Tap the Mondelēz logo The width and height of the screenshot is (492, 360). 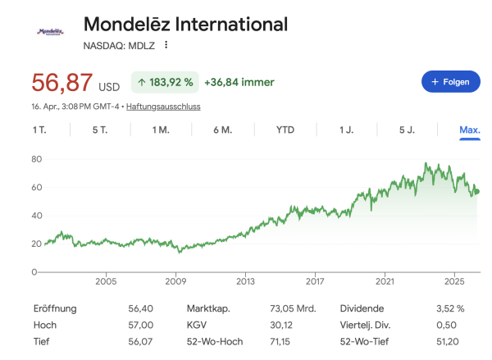[x=50, y=32]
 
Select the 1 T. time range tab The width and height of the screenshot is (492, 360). [x=39, y=130]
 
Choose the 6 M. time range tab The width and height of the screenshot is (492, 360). [x=221, y=130]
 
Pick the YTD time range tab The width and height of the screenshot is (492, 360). [x=285, y=130]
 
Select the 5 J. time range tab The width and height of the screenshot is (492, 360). [x=407, y=130]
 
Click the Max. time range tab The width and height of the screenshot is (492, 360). [x=470, y=130]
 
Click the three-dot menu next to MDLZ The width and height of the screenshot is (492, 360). [x=166, y=45]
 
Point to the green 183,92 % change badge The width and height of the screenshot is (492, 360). [x=166, y=82]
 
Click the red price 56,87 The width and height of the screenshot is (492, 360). [x=61, y=83]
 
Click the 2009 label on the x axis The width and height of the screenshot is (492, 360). [x=176, y=282]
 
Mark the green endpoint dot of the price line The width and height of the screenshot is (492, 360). [x=478, y=192]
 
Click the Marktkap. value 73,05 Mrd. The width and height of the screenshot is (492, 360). [x=294, y=308]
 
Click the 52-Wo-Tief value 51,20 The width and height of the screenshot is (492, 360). [x=451, y=341]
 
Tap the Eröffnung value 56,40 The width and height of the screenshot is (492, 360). [x=141, y=308]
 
